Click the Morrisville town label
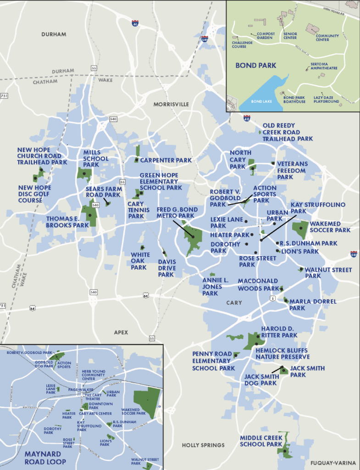pyautogui.click(x=171, y=104)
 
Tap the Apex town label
pyautogui.click(x=122, y=332)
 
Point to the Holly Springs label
pyautogui.click(x=203, y=445)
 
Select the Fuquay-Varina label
pyautogui.click(x=333, y=463)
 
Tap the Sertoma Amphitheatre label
pyautogui.click(x=324, y=66)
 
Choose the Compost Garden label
pyautogui.click(x=265, y=35)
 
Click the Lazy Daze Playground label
pyautogui.click(x=327, y=99)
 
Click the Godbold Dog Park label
pyautogui.click(x=44, y=364)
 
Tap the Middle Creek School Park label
pyautogui.click(x=261, y=441)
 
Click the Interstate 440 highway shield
pyautogui.click(x=354, y=254)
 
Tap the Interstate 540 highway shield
pyautogui.click(x=205, y=40)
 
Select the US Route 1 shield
pyautogui.click(x=273, y=299)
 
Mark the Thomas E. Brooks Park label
pyautogui.click(x=67, y=222)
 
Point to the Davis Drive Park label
pyautogui.click(x=166, y=268)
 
